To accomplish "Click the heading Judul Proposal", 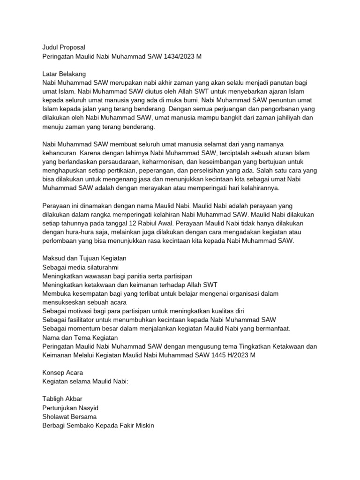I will click(x=64, y=47).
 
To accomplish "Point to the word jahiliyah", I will click(x=284, y=118).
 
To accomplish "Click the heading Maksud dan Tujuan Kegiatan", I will click(x=84, y=258).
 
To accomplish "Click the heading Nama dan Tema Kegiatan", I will click(x=80, y=337).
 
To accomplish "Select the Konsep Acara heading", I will click(x=63, y=373).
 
